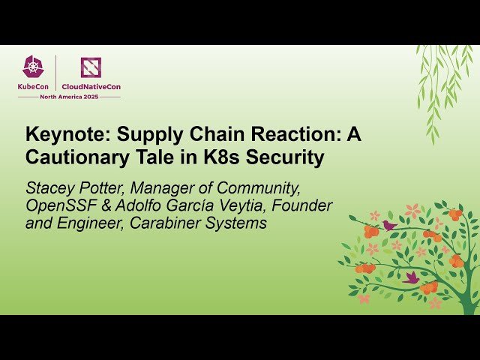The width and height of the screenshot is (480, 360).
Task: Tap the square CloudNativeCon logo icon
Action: (x=90, y=68)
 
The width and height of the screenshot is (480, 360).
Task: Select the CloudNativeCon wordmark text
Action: (x=90, y=86)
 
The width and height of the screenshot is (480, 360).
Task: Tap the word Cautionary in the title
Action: (x=72, y=157)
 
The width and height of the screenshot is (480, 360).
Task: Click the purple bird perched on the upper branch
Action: (x=388, y=224)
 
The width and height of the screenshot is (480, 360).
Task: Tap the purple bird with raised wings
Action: (x=411, y=277)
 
